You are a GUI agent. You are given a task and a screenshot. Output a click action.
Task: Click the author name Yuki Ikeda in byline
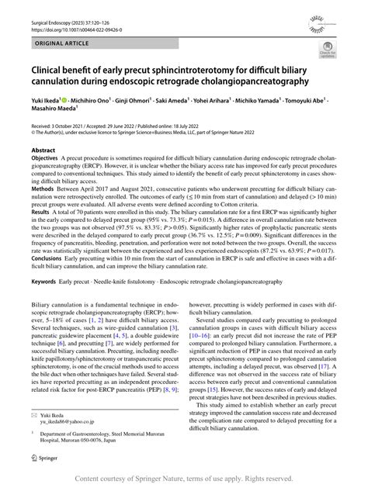(44, 102)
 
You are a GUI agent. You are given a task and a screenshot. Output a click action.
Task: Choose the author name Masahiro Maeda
(50, 112)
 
